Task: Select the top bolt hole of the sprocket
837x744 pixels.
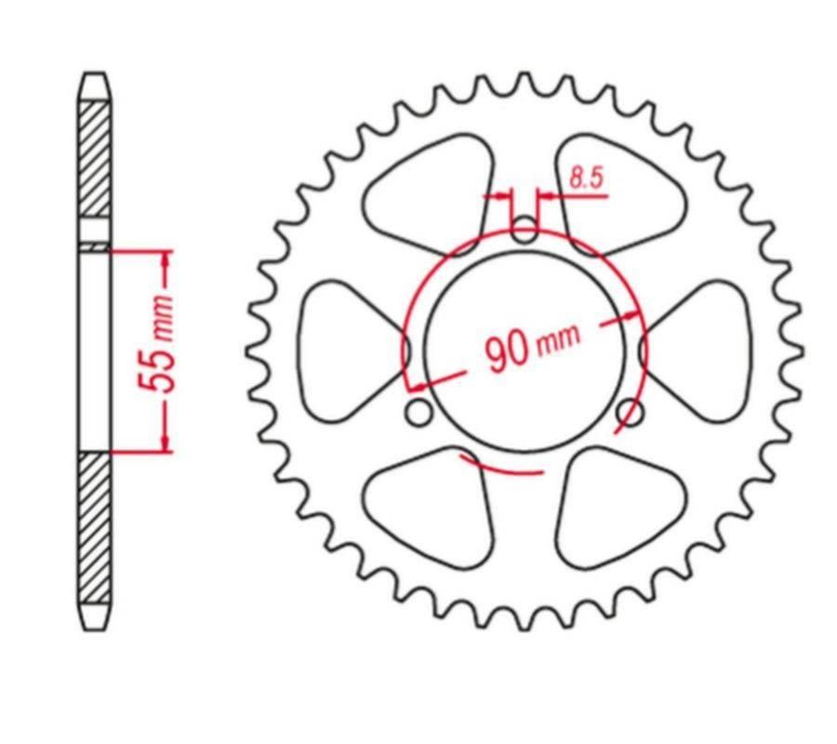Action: tap(525, 229)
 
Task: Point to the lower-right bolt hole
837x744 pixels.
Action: tap(631, 410)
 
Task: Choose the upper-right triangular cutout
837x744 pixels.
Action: tap(618, 191)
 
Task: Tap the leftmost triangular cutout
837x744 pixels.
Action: tap(344, 350)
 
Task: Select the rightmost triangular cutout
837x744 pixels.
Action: tap(702, 350)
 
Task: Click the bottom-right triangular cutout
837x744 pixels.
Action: tap(618, 507)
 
